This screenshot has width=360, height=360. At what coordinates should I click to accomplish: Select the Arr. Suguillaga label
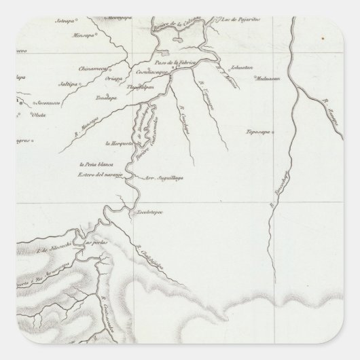tap(164, 180)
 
